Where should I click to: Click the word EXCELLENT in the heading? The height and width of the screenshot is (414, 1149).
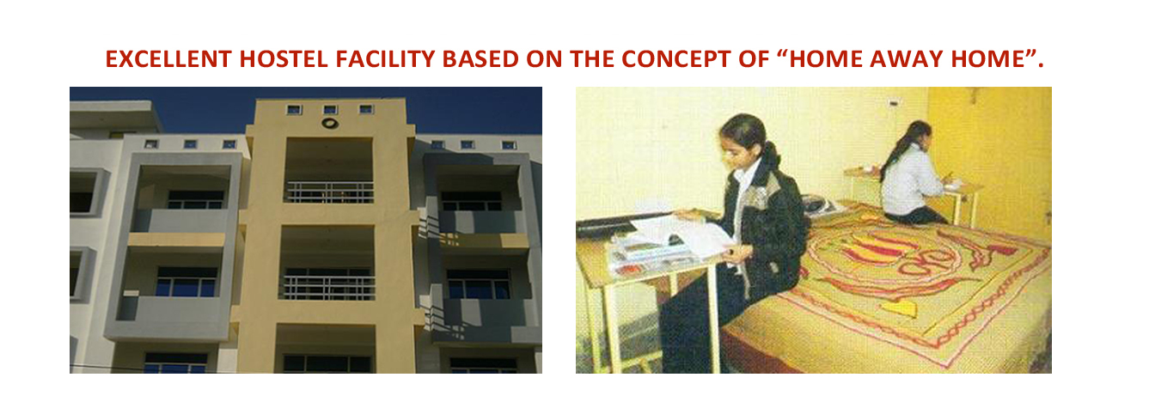click(168, 59)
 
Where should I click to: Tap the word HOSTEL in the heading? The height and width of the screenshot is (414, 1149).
click(284, 59)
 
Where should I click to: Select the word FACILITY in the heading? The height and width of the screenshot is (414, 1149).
click(385, 59)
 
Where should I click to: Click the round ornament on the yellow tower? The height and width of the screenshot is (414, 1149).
click(330, 123)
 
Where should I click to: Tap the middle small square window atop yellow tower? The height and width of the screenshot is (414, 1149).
click(330, 109)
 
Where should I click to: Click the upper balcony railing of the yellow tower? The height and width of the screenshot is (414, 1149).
click(329, 192)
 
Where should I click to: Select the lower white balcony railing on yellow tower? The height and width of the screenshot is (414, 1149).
click(329, 288)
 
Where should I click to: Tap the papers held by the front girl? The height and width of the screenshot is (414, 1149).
click(682, 235)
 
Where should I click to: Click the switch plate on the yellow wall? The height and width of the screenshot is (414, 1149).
click(893, 103)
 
